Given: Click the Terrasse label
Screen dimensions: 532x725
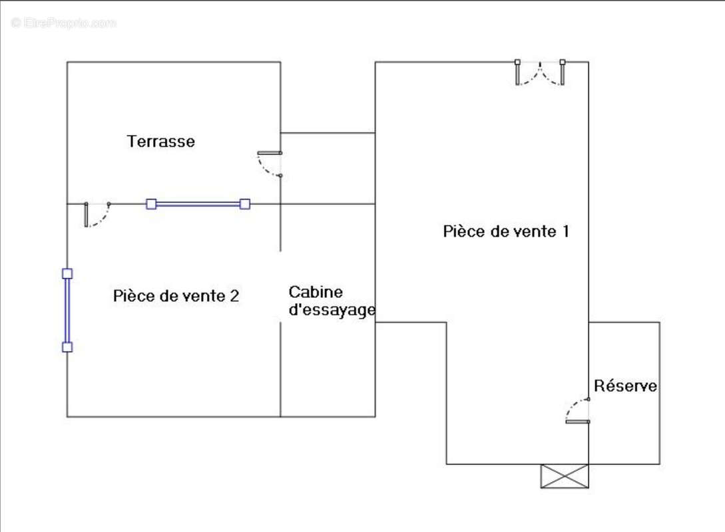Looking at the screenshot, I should (x=161, y=141).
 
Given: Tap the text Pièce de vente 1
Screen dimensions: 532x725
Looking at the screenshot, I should (x=506, y=231).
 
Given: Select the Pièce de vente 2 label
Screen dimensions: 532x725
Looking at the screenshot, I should (x=176, y=296).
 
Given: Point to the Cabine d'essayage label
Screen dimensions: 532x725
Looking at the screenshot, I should (x=332, y=301).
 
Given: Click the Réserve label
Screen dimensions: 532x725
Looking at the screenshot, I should (x=625, y=386).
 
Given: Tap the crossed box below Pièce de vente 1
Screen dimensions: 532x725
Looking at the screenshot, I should (x=565, y=476).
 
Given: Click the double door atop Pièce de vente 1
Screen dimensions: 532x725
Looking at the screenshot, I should (x=540, y=72).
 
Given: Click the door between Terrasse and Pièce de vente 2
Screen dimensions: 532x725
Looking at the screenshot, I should (x=97, y=214).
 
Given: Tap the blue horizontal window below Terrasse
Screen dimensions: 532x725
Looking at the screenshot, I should (x=198, y=204).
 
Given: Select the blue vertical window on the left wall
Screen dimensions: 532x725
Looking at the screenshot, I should (x=67, y=310).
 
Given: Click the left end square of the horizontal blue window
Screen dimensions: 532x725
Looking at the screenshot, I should (x=151, y=204).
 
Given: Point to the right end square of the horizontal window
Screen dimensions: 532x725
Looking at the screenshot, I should (x=245, y=204).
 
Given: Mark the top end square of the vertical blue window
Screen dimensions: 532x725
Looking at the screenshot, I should (x=67, y=273).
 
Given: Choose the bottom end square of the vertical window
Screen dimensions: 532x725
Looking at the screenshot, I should (x=67, y=346).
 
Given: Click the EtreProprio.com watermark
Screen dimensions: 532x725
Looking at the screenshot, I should (x=63, y=23).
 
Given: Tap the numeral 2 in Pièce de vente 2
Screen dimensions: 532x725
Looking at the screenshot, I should (x=234, y=296).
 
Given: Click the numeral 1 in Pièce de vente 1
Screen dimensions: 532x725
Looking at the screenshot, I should (x=565, y=231).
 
